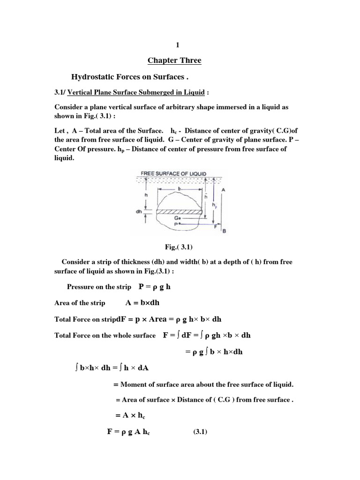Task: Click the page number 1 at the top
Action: (178, 45)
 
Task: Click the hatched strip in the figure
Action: (180, 212)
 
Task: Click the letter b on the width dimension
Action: (180, 187)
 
